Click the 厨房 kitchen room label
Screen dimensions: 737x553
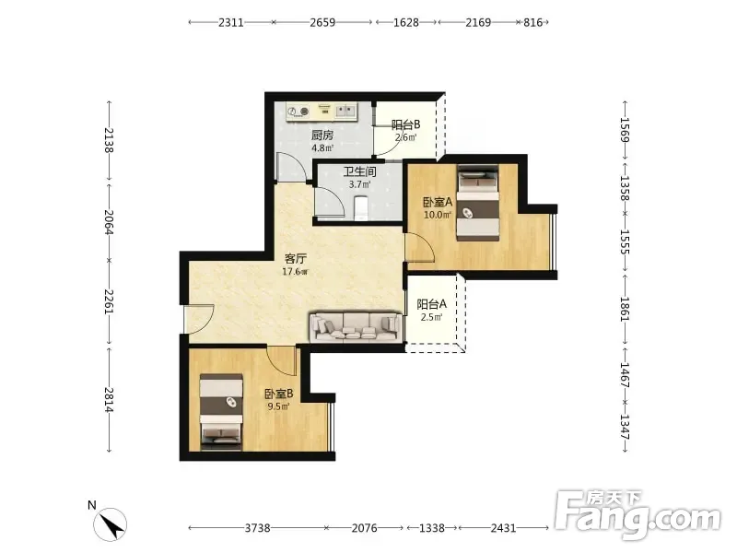point(322,135)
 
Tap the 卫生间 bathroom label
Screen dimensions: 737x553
point(359,171)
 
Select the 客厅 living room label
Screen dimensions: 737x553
point(296,259)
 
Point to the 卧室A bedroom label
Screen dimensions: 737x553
point(438,202)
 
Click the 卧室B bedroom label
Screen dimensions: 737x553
point(279,394)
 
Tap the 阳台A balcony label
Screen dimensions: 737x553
point(431,304)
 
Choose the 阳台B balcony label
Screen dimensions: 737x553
point(405,124)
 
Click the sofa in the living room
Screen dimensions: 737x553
point(356,326)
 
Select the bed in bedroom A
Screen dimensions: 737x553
point(478,204)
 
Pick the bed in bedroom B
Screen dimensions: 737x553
point(221,412)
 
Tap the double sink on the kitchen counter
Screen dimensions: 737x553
point(345,111)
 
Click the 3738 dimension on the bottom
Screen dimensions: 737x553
point(258,528)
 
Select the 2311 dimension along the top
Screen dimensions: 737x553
point(231,22)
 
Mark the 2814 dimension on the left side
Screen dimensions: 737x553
point(109,400)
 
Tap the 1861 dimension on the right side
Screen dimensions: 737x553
point(626,309)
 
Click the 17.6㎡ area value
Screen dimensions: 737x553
point(295,271)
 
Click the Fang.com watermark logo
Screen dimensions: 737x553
point(638,515)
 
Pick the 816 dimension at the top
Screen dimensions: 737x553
point(533,22)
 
